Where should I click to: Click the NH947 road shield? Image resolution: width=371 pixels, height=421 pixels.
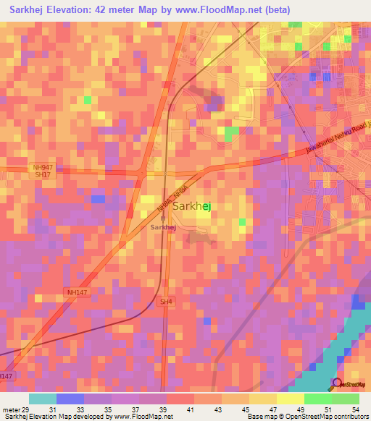click(43, 167)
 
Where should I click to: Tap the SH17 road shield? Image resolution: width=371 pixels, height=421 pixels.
click(43, 175)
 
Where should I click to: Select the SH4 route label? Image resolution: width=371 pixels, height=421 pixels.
click(166, 302)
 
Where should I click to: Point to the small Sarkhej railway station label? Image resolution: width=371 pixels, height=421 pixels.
click(163, 227)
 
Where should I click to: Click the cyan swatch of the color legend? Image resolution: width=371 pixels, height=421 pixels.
click(43, 399)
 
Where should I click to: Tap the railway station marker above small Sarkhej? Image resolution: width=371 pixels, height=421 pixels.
click(163, 219)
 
